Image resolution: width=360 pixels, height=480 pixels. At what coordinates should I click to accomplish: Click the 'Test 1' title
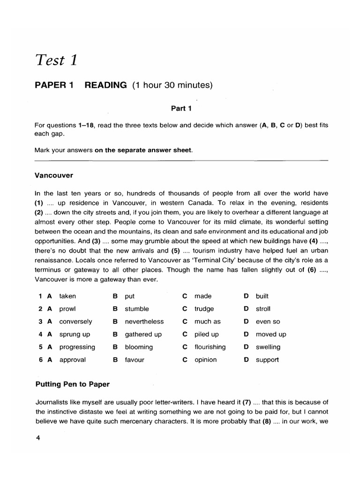click(x=55, y=60)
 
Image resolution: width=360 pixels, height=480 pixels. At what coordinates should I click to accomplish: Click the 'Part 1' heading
click(x=181, y=108)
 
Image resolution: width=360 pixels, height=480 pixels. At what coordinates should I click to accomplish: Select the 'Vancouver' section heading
click(x=54, y=175)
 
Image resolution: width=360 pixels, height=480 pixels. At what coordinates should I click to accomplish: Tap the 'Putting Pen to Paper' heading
click(x=73, y=384)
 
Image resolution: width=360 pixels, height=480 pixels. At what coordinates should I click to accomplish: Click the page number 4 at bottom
click(x=37, y=438)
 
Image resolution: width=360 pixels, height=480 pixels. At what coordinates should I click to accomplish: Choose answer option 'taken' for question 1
click(x=67, y=296)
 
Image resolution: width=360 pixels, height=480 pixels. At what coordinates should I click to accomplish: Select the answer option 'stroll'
click(x=263, y=309)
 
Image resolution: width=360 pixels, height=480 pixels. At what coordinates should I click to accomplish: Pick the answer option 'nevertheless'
click(x=144, y=322)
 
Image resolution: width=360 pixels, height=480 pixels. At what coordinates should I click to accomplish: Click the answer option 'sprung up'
click(x=75, y=334)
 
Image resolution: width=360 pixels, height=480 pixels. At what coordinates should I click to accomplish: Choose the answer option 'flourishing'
click(x=210, y=347)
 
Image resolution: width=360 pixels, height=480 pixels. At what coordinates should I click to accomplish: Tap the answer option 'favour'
click(x=135, y=360)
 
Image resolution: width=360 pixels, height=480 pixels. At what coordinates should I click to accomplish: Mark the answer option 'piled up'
click(x=207, y=334)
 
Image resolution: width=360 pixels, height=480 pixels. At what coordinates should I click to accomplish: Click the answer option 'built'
click(x=262, y=296)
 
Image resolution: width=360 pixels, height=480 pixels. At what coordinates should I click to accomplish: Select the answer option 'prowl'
click(x=67, y=309)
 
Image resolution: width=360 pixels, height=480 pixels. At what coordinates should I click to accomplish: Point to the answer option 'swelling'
click(x=268, y=347)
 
